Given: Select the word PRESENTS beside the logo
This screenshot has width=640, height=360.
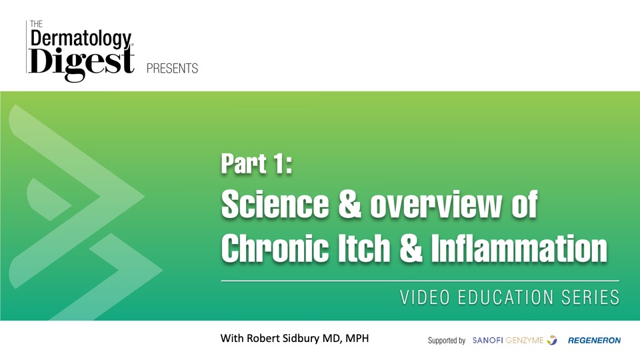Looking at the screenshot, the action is tap(172, 68).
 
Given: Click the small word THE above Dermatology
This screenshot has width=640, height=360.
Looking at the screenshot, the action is tap(36, 24).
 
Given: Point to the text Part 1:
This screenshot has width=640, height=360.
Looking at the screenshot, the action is tap(257, 163).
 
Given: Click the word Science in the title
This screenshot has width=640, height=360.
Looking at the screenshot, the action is tap(275, 204).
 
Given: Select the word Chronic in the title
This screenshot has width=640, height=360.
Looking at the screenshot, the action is tap(275, 248).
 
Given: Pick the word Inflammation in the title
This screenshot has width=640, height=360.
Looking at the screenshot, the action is tap(519, 248).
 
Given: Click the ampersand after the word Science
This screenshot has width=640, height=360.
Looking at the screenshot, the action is tap(349, 204).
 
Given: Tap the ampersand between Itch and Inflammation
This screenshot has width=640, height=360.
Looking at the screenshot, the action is tap(411, 248).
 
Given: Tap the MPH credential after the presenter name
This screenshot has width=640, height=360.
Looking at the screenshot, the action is tap(357, 339).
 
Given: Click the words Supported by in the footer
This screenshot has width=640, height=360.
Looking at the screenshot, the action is tap(447, 341).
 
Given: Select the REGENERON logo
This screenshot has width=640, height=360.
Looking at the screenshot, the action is tap(594, 341).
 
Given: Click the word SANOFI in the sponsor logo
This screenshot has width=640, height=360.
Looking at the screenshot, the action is tap(488, 341).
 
